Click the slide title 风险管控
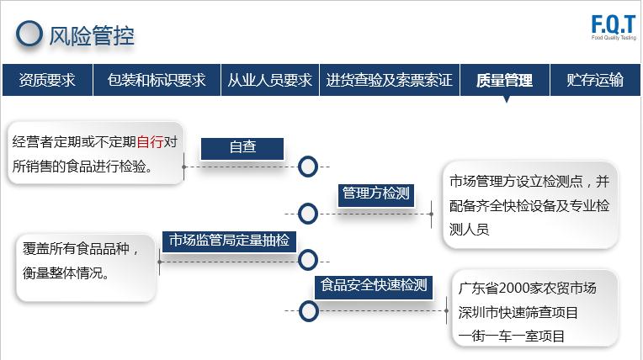tap(92, 35)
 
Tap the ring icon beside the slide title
tap(30, 34)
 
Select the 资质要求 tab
tap(47, 80)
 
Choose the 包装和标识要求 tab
tap(157, 80)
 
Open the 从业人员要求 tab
tap(269, 80)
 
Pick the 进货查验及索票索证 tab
tap(389, 80)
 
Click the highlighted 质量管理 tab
tap(504, 80)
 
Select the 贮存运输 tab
tap(595, 80)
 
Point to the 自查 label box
tap(242, 147)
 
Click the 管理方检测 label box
tap(375, 193)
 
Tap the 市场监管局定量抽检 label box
tap(228, 241)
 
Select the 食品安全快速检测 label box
tap(374, 285)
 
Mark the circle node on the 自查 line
tap(308, 167)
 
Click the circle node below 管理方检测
tap(308, 214)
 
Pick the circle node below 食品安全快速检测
tap(309, 311)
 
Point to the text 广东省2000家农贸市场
tap(527, 289)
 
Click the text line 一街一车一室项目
tap(512, 336)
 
